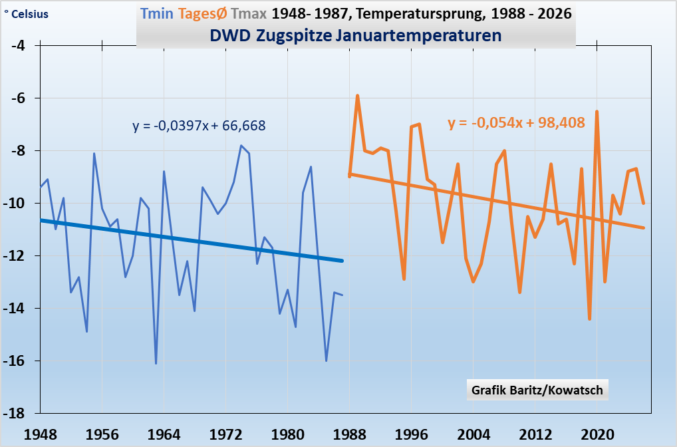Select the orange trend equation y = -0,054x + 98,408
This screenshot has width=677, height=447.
pyautogui.click(x=516, y=123)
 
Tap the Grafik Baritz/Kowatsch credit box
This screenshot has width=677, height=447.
pyautogui.click(x=537, y=390)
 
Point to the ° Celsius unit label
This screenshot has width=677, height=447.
pyautogui.click(x=26, y=14)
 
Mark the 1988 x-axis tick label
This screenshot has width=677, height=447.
pyautogui.click(x=350, y=434)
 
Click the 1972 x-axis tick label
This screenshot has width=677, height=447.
pyautogui.click(x=226, y=434)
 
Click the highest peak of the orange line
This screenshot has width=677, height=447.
pyautogui.click(x=358, y=96)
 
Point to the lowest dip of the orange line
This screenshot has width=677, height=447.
pyautogui.click(x=589, y=319)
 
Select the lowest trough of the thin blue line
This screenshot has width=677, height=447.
pyautogui.click(x=156, y=363)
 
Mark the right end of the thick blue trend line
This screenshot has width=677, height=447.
pyautogui.click(x=342, y=261)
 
